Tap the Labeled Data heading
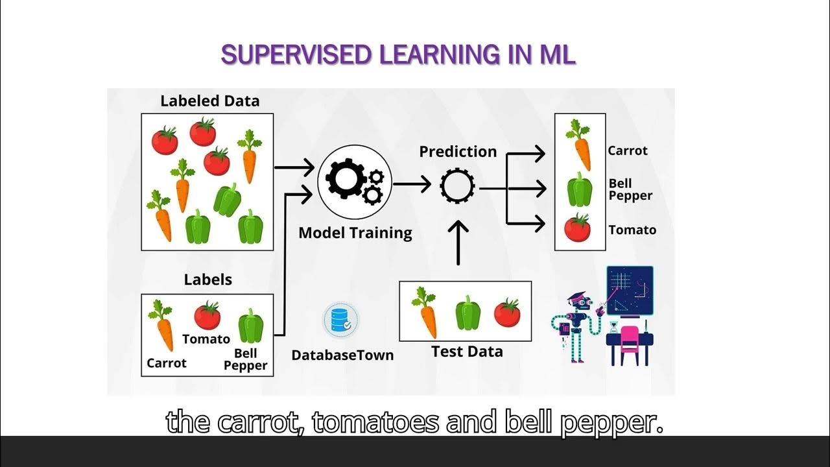pyautogui.click(x=209, y=101)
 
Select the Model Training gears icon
pyautogui.click(x=355, y=182)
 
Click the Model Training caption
pyautogui.click(x=355, y=233)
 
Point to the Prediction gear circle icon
pyautogui.click(x=457, y=187)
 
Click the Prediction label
pyautogui.click(x=458, y=152)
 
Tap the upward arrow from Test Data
pyautogui.click(x=458, y=243)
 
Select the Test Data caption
pyautogui.click(x=467, y=352)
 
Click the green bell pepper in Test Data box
pyautogui.click(x=467, y=313)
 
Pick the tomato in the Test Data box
pyautogui.click(x=507, y=313)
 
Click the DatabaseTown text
pyautogui.click(x=342, y=355)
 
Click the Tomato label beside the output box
pyautogui.click(x=632, y=230)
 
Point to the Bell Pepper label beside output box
pyautogui.click(x=630, y=189)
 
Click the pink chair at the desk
pyautogui.click(x=629, y=341)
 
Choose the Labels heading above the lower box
pyautogui.click(x=207, y=280)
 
